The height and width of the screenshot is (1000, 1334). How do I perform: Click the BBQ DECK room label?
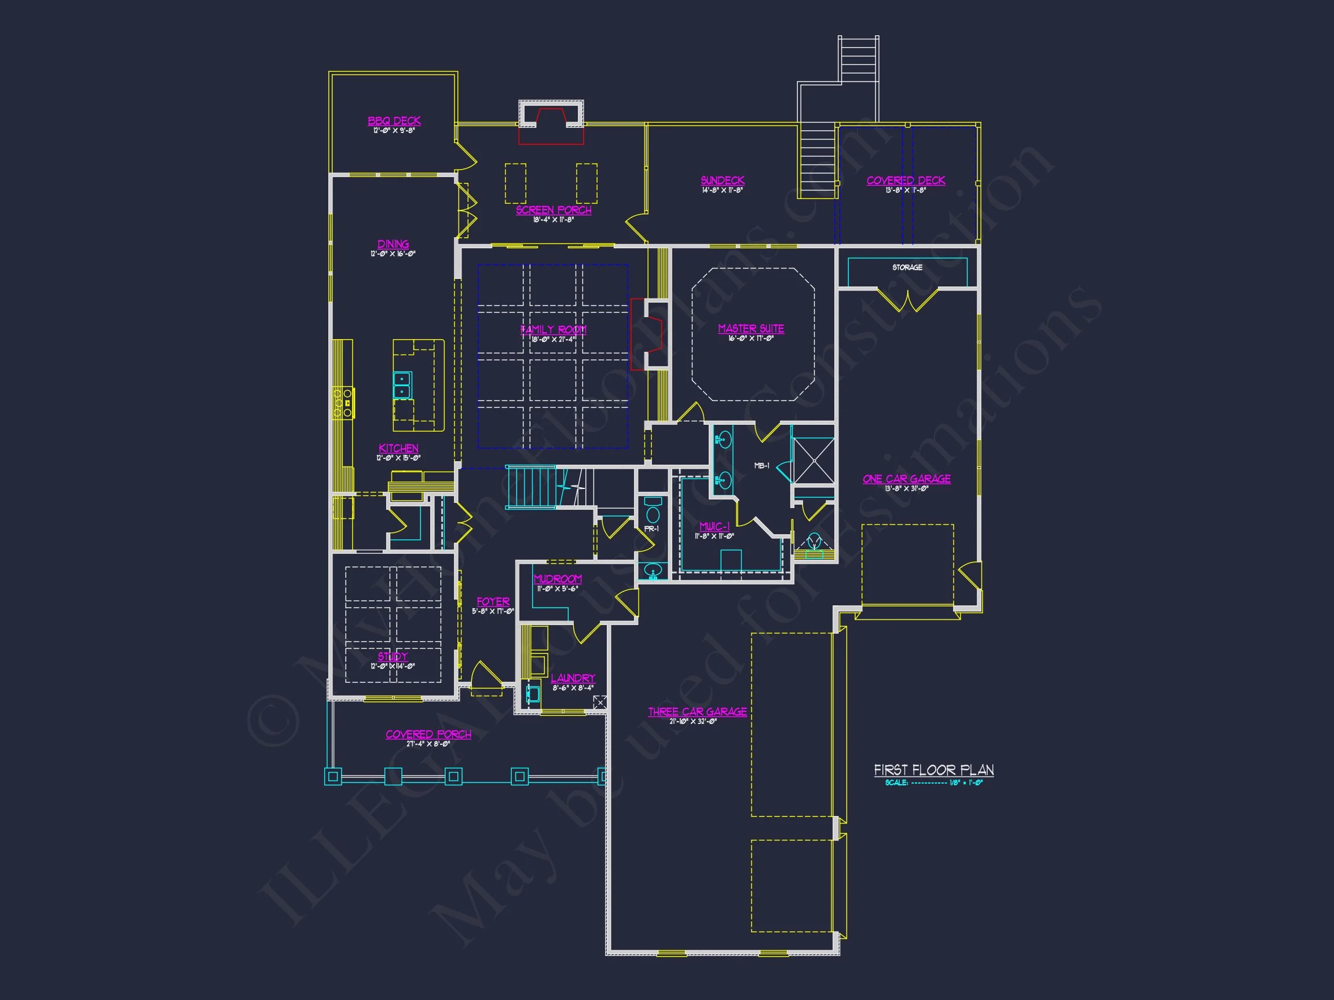tap(394, 121)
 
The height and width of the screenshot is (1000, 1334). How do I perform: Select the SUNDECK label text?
tap(723, 180)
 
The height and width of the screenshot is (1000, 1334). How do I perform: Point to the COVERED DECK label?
tap(906, 180)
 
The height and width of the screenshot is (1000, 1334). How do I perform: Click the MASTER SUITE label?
tap(751, 329)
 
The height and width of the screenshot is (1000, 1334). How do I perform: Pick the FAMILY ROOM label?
tap(554, 330)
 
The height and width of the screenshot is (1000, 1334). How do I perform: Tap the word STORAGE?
tap(907, 267)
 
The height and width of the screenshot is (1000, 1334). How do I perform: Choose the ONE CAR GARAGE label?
tap(907, 479)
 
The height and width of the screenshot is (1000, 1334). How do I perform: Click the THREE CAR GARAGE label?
tap(697, 712)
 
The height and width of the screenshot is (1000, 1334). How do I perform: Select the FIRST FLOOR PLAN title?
tap(933, 770)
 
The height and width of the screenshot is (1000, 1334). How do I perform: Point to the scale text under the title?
tap(933, 783)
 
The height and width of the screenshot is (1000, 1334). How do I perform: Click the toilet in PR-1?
tap(653, 512)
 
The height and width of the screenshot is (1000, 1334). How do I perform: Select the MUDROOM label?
tap(558, 579)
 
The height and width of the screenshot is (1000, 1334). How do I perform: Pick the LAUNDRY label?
tap(573, 678)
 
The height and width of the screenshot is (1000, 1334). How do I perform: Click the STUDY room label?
tap(393, 656)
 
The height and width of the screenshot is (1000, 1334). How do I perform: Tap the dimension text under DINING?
tap(393, 254)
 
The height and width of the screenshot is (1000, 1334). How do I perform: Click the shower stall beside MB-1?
tap(814, 461)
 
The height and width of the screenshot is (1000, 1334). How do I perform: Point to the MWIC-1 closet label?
tap(714, 526)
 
